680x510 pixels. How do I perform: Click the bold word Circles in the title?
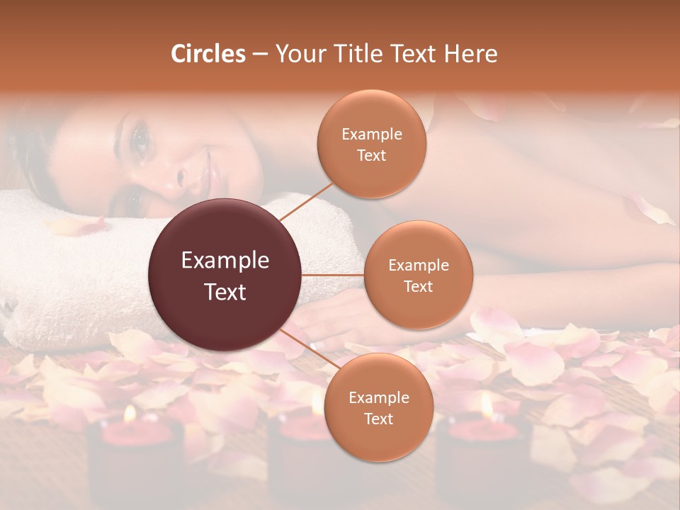pos(208,54)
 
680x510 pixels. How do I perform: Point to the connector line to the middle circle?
pos(333,275)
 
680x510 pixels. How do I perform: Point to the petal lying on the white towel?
pos(74,226)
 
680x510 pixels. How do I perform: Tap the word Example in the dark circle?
pos(225,261)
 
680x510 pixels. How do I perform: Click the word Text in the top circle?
pos(371,156)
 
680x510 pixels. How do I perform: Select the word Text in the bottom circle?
pos(378,419)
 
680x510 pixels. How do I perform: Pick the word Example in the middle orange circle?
pos(418,266)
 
